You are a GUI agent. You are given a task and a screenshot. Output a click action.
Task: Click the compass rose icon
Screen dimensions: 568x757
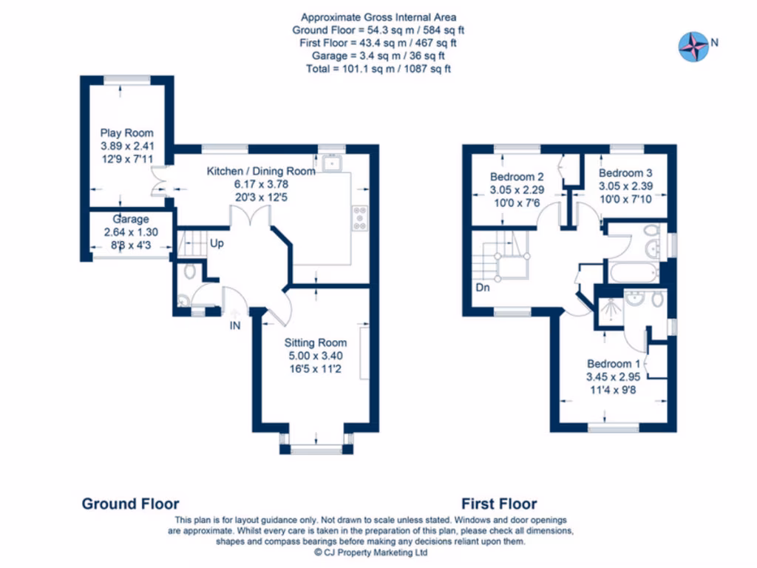pos(693,45)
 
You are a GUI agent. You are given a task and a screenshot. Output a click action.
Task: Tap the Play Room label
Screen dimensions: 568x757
pos(127,133)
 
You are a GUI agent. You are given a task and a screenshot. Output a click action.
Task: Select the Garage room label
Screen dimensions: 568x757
pos(131,219)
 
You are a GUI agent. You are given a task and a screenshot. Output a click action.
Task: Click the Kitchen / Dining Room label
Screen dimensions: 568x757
pos(260,171)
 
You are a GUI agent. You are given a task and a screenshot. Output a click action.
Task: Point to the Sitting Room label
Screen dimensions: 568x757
pos(316,342)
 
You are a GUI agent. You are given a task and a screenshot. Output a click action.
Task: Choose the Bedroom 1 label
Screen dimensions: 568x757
pos(614,363)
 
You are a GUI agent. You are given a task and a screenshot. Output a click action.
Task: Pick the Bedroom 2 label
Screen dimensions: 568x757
pos(517,177)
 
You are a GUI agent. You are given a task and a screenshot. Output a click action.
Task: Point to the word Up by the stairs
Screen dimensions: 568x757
pos(217,243)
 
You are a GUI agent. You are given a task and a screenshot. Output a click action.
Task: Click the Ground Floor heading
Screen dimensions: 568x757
pos(130,504)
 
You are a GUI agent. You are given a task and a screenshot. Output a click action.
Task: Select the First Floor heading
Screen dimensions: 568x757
pos(499,504)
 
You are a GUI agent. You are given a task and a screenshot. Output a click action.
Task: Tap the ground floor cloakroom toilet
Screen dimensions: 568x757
pos(189,272)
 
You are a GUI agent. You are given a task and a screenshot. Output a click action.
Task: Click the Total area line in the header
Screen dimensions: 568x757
pos(378,68)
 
